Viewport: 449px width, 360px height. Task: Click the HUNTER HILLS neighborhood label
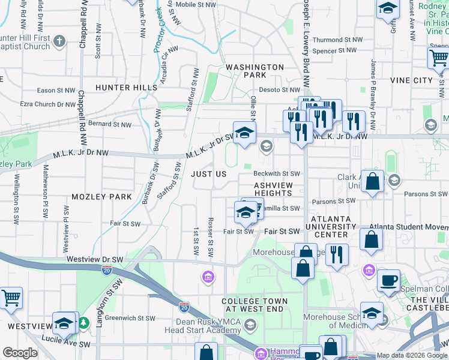[x=125, y=88]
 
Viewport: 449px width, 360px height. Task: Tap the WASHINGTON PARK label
[x=255, y=71]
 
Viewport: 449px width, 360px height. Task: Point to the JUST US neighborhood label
[x=208, y=174]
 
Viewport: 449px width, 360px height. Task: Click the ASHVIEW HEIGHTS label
[x=273, y=190]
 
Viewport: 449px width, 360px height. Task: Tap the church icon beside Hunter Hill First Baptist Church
[x=58, y=41]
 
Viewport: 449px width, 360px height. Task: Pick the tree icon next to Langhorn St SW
[x=84, y=323]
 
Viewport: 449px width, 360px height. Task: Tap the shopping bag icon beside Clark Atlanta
[x=372, y=182]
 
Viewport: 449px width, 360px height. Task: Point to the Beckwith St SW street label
[x=280, y=174]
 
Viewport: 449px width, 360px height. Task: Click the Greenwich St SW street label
[x=129, y=319]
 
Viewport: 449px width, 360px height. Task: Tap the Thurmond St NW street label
[x=338, y=40]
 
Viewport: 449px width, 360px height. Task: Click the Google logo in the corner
[x=20, y=353]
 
